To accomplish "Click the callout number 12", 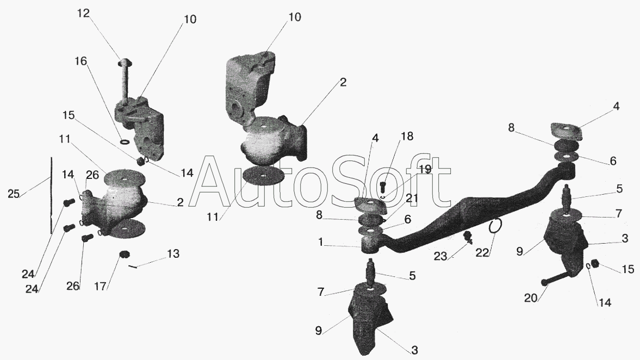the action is pyautogui.click(x=83, y=14).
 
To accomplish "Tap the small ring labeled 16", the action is pyautogui.click(x=125, y=142).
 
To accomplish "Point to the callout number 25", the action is pyautogui.click(x=14, y=194).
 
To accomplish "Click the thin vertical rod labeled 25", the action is pyautogui.click(x=52, y=195).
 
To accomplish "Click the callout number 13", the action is pyautogui.click(x=173, y=254).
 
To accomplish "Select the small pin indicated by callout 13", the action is pyautogui.click(x=134, y=266).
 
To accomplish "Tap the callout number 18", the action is pyautogui.click(x=407, y=136).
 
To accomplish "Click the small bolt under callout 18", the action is pyautogui.click(x=383, y=188).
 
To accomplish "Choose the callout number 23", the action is pyautogui.click(x=440, y=256).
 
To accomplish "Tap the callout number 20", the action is pyautogui.click(x=531, y=299).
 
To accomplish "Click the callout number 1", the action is pyautogui.click(x=321, y=243).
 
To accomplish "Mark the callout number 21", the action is pyautogui.click(x=412, y=198).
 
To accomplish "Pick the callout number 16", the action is pyautogui.click(x=81, y=61).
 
